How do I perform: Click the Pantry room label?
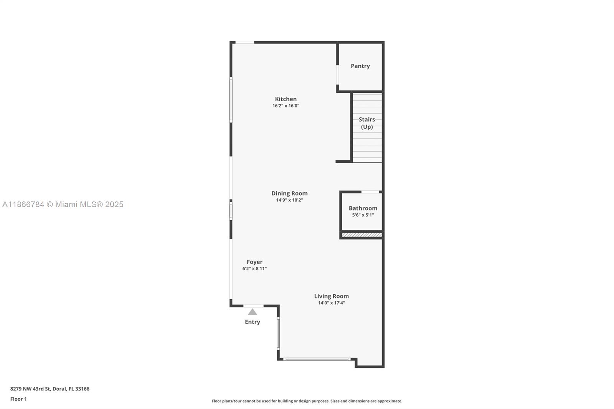(360, 66)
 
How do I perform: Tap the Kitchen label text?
(286, 99)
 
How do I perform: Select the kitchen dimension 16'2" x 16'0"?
(286, 106)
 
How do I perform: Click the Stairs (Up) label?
(366, 123)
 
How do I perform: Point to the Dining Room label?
(289, 193)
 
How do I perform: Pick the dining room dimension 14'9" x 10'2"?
(289, 200)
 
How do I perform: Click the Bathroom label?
(363, 208)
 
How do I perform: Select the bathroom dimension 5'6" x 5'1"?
(363, 215)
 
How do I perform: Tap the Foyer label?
(254, 262)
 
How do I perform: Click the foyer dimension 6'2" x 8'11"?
(254, 269)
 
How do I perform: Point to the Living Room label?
(331, 296)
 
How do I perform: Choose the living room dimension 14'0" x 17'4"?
(331, 303)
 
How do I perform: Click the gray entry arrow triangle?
(252, 312)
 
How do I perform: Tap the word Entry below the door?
(252, 322)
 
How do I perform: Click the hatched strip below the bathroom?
(362, 235)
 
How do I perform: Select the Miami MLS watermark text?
(63, 204)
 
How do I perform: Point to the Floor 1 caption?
(18, 399)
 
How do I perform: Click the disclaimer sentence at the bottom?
(307, 401)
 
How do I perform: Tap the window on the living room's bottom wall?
(317, 359)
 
